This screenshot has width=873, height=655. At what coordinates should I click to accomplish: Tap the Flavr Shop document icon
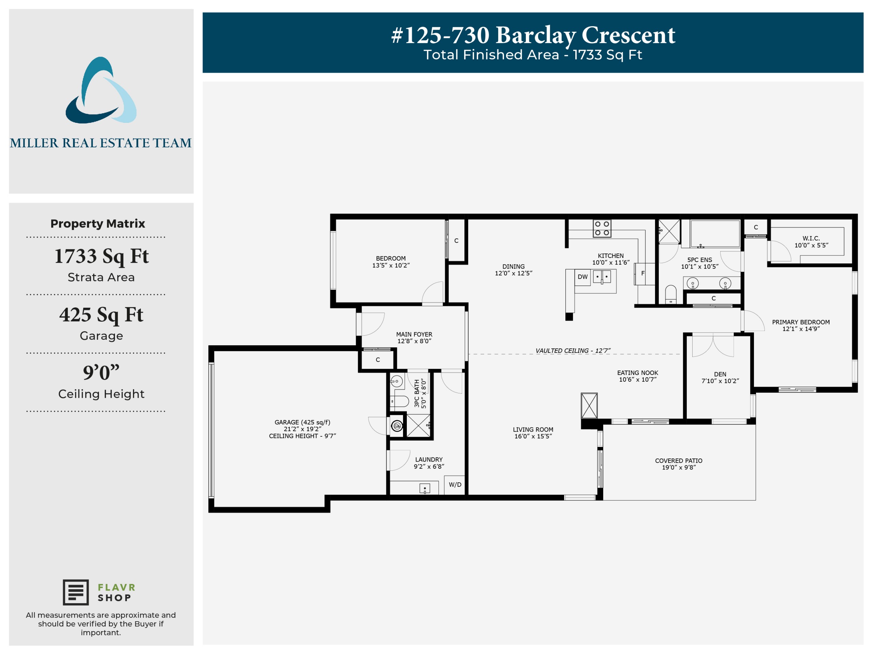click(x=76, y=592)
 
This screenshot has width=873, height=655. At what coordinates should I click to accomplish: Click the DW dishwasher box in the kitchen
click(x=582, y=277)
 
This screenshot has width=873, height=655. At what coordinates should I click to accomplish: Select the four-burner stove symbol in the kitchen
click(x=602, y=229)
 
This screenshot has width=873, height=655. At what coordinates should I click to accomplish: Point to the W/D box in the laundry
click(x=455, y=485)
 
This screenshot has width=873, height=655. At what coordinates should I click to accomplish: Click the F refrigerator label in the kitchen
click(x=643, y=273)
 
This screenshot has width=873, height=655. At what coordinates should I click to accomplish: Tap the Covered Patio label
click(x=678, y=464)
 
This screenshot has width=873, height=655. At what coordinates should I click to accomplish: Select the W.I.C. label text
click(x=811, y=238)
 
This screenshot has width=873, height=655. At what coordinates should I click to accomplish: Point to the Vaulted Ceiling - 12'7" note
click(x=573, y=351)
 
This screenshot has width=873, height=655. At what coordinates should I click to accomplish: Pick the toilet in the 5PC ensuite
click(x=671, y=294)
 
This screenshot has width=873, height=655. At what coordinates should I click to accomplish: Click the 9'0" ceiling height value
click(x=101, y=372)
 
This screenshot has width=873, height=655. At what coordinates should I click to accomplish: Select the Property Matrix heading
click(x=98, y=223)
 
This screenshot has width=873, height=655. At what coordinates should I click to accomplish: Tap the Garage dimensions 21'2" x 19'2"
click(x=302, y=429)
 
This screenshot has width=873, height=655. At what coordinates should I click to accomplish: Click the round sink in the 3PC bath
click(x=397, y=381)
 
